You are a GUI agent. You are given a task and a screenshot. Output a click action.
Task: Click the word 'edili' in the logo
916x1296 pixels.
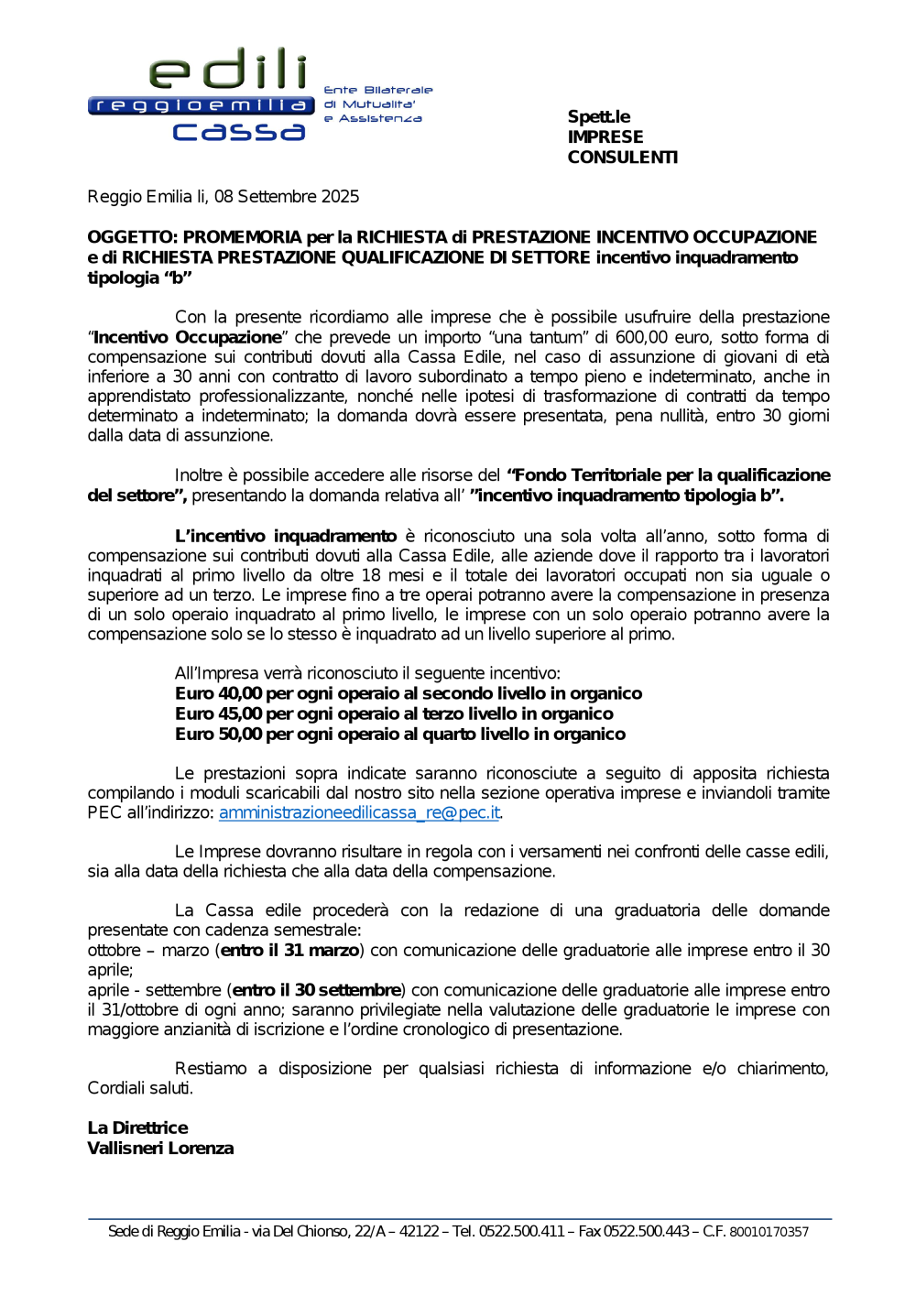(x=228, y=70)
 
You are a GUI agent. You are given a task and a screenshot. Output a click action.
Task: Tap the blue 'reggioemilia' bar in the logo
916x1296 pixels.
(x=202, y=105)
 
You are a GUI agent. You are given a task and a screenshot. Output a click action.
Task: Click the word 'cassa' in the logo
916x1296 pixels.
(x=239, y=132)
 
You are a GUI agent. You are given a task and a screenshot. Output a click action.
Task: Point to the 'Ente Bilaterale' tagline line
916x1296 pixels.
(x=377, y=90)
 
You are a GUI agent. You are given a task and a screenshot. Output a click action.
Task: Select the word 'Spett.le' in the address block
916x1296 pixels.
(x=598, y=116)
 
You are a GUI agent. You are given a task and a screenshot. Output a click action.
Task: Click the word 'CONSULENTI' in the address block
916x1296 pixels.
(x=622, y=157)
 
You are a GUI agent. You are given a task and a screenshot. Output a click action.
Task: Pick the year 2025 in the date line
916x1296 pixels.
(x=340, y=196)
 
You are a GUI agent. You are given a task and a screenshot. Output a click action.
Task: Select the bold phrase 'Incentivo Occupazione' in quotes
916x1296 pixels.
(x=188, y=337)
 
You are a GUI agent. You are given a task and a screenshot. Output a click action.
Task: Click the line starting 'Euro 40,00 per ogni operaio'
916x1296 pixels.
(x=408, y=693)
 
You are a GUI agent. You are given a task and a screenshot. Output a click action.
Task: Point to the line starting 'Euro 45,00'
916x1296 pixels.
(x=394, y=713)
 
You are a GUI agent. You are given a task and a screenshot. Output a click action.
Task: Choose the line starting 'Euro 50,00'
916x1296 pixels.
(x=400, y=734)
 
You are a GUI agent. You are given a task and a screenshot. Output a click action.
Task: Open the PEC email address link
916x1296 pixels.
(x=359, y=812)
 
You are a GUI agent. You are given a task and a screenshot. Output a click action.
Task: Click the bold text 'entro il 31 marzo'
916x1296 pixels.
(x=289, y=950)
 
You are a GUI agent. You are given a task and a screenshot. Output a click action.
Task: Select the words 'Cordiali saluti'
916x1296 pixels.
(x=139, y=1088)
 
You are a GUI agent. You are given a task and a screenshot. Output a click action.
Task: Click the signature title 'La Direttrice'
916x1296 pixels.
(x=137, y=1127)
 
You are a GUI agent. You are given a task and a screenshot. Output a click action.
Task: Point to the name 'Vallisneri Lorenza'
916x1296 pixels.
(x=160, y=1148)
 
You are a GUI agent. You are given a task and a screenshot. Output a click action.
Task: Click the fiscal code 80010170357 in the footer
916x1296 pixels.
(x=769, y=1232)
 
